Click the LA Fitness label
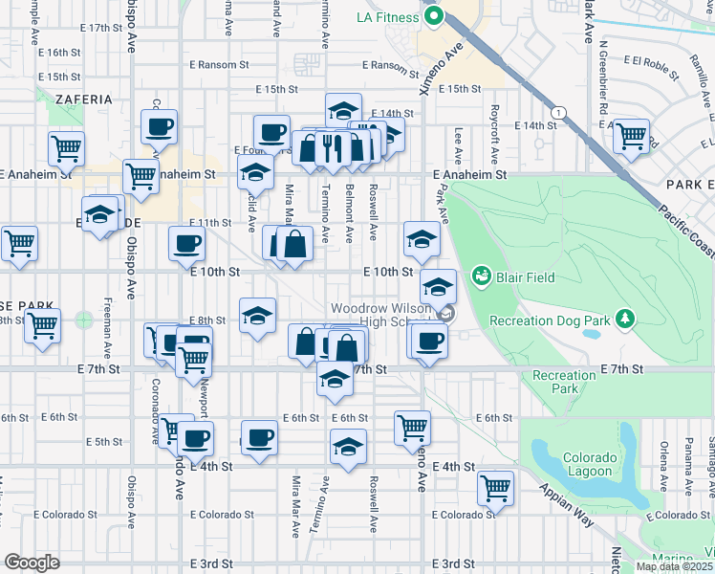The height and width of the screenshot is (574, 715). pyautogui.click(x=387, y=17)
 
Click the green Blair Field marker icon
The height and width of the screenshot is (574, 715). pyautogui.click(x=481, y=277)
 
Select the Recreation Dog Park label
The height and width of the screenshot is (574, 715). pyautogui.click(x=550, y=320)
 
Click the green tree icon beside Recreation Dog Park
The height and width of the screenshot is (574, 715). pyautogui.click(x=625, y=318)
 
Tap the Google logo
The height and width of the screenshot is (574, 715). pyautogui.click(x=32, y=563)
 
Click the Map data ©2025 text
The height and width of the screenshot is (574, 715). pyautogui.click(x=674, y=566)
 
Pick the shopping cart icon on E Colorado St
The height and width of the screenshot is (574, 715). pyautogui.click(x=495, y=487)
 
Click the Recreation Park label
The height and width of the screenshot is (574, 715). pyautogui.click(x=564, y=383)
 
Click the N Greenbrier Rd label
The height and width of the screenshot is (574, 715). pyautogui.click(x=604, y=84)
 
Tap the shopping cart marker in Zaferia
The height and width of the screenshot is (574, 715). pyautogui.click(x=67, y=148)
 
